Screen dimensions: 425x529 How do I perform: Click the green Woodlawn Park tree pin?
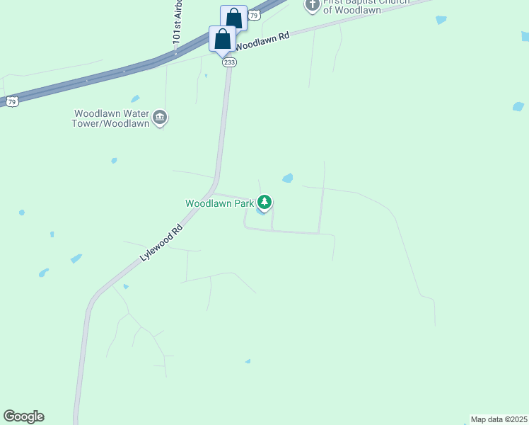coord(264,203)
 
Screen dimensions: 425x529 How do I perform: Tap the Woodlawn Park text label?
coord(219,203)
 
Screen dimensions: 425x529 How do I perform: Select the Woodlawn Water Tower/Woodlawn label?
coord(111,118)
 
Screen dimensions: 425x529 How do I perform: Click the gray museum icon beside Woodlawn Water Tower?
coord(160,117)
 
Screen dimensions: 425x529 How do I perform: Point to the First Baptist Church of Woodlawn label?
coord(356,6)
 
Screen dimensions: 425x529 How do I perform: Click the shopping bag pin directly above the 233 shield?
coord(222,40)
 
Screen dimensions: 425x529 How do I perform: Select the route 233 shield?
coord(229,62)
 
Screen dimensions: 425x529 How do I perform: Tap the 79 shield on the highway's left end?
coord(12,102)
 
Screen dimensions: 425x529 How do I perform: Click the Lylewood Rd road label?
coord(161,243)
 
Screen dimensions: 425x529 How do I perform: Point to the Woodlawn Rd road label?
coord(263,42)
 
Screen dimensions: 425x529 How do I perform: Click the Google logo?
coord(23,416)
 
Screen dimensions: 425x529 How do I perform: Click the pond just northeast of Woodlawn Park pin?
coord(288,178)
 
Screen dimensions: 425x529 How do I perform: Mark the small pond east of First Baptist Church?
coord(441,20)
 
